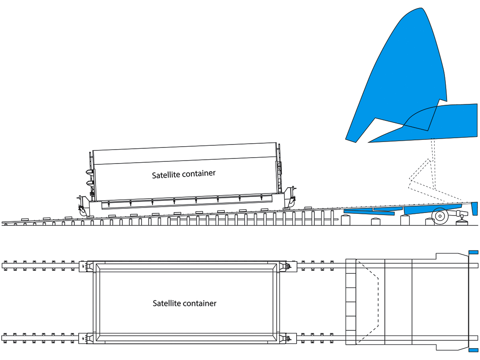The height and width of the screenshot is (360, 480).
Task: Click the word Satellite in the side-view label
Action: pyautogui.click(x=166, y=175)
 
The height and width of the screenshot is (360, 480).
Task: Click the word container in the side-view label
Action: pyautogui.click(x=199, y=173)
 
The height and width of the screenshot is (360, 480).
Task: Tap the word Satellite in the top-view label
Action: pyautogui.click(x=166, y=303)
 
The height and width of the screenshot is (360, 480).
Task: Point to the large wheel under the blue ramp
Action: pyautogui.click(x=440, y=216)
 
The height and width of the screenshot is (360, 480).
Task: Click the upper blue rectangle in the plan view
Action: pyautogui.click(x=474, y=252)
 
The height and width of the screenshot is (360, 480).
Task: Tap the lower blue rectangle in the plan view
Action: pyautogui.click(x=474, y=350)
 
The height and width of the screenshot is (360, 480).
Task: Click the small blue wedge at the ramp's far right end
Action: pyautogui.click(x=475, y=208)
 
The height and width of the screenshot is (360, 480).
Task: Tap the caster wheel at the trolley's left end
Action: pyautogui.click(x=82, y=210)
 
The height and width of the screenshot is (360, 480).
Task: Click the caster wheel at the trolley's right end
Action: pyautogui.click(x=291, y=202)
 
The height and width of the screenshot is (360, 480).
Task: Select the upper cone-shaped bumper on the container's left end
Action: pyautogui.click(x=90, y=172)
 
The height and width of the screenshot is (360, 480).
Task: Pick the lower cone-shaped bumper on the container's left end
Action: pyautogui.click(x=90, y=183)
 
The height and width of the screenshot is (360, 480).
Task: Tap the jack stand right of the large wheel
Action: pyautogui.click(x=462, y=219)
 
